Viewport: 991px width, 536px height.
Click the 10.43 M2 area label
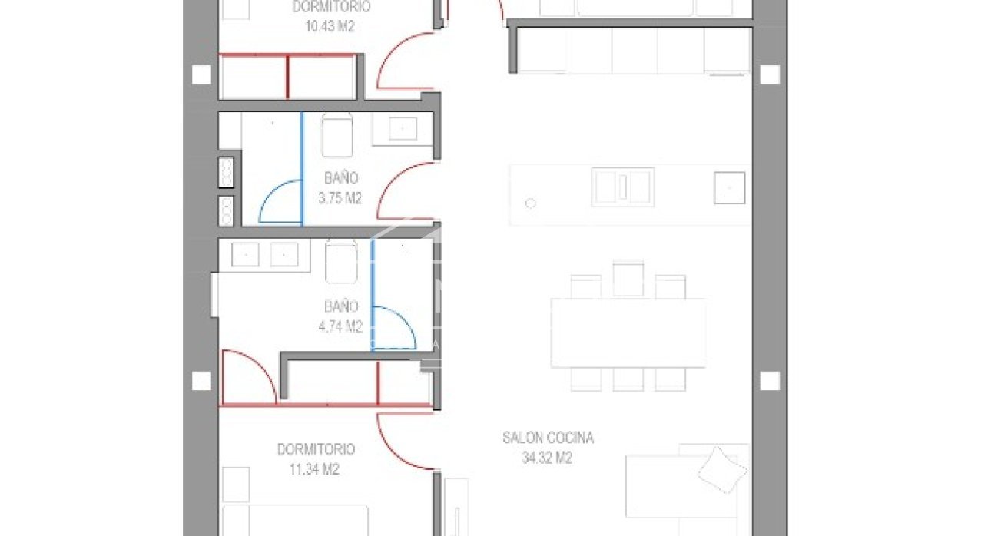pos(330,26)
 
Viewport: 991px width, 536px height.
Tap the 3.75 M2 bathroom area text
pos(340,197)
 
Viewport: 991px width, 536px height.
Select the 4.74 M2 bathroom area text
pos(340,326)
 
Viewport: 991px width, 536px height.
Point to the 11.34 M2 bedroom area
pos(314,468)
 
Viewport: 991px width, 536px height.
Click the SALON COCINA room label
pos(549,438)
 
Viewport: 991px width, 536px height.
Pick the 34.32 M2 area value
pos(547,458)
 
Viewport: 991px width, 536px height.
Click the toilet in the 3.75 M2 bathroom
pos(337,135)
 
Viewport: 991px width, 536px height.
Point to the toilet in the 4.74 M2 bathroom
pos(341,261)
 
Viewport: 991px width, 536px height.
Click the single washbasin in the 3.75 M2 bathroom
pos(403,129)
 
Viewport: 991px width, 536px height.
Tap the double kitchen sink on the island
pos(622,187)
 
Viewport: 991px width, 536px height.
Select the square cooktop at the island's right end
pos(730,188)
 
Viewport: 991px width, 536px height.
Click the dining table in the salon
pos(628,333)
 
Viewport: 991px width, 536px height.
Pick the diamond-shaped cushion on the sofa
pos(721,470)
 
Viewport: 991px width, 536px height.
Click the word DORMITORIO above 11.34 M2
pos(316,449)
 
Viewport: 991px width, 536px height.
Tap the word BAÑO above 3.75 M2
pos(341,178)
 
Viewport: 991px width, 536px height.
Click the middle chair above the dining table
pos(628,279)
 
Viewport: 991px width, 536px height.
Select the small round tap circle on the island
pos(530,203)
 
